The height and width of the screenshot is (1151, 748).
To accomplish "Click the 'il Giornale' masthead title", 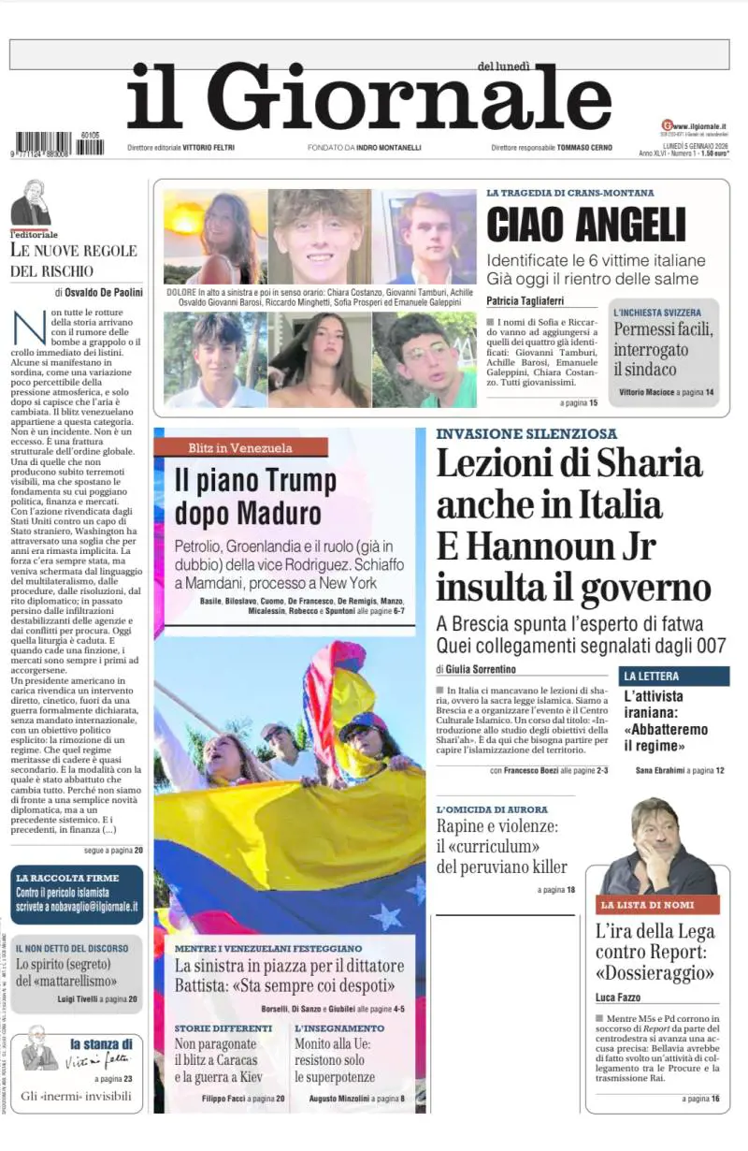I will (x=369, y=98).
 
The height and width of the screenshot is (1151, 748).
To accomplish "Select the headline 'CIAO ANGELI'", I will (x=586, y=225).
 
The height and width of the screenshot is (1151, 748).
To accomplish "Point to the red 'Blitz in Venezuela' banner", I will (x=240, y=447).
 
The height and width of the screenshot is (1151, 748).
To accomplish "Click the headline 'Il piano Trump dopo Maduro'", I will (x=254, y=497).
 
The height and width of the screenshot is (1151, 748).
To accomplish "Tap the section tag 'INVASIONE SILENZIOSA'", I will (x=526, y=434).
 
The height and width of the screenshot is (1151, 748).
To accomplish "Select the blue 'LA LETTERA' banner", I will (x=673, y=676).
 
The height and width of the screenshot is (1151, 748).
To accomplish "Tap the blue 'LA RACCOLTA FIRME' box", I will (x=77, y=893).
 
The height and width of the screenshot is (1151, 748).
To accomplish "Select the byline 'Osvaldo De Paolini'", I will (x=104, y=292).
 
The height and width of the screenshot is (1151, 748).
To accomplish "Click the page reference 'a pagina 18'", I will (x=558, y=889).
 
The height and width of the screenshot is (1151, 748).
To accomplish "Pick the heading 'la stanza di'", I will (x=101, y=1043).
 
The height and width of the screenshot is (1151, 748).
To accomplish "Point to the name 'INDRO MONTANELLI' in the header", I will (x=390, y=148).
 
